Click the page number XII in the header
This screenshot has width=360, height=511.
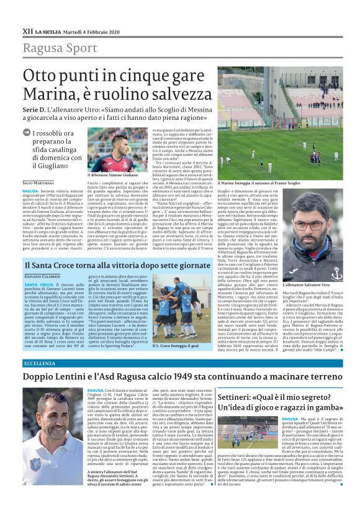point(27,30)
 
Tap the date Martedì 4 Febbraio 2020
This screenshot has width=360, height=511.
point(83,30)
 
